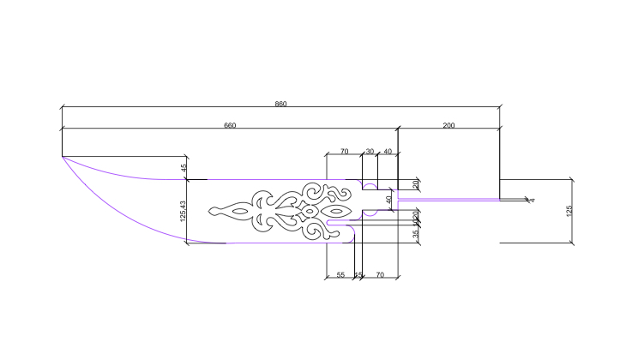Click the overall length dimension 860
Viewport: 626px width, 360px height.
click(280, 104)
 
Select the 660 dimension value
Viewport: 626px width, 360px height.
click(230, 125)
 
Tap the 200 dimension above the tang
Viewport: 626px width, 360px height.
click(448, 125)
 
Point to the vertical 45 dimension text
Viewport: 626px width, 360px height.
click(184, 168)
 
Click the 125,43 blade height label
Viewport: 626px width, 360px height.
click(184, 212)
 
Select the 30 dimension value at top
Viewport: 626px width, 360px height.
click(370, 152)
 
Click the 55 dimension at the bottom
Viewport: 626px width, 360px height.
click(340, 274)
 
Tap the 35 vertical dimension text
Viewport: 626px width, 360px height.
click(415, 233)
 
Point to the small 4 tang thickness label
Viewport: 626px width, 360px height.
click(532, 200)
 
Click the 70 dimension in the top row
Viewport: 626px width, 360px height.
click(344, 152)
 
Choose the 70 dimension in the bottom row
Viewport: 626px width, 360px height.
click(380, 274)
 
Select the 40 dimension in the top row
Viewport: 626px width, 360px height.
click(388, 152)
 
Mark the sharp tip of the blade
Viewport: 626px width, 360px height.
click(62, 156)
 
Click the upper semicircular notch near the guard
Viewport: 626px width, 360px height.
click(370, 185)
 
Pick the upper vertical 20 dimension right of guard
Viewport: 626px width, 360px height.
click(415, 183)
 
